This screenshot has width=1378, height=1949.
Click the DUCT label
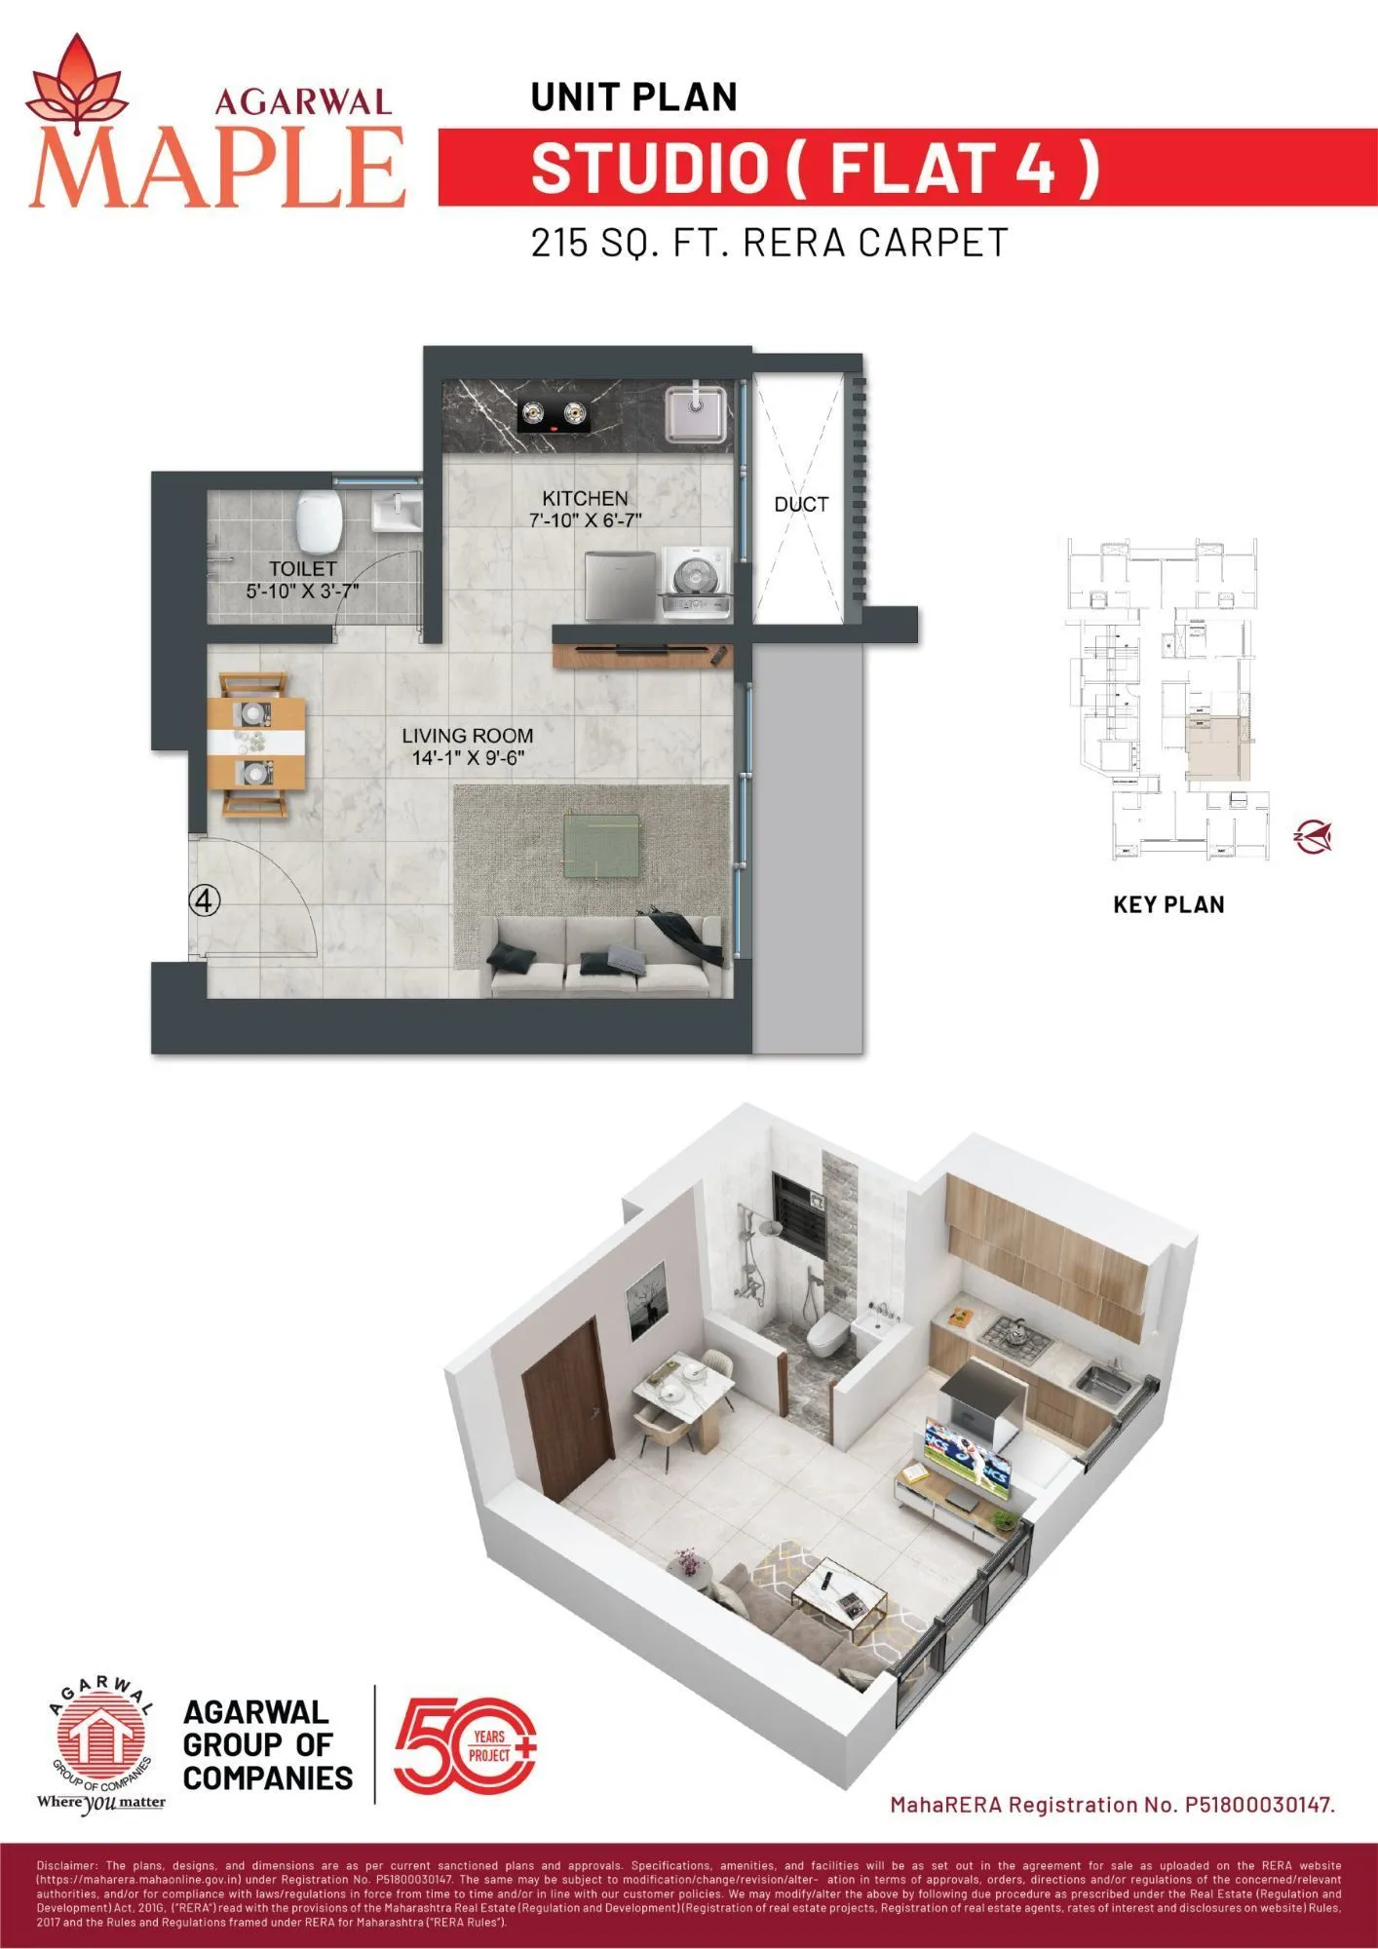pos(801,505)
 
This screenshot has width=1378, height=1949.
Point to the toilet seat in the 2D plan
pos(319,520)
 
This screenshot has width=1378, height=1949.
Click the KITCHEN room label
pos(585,498)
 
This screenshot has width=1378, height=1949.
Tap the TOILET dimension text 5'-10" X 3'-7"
pos(302,591)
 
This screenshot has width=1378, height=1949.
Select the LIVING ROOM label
pos(468,736)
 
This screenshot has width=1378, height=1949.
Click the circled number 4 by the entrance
pos(204,900)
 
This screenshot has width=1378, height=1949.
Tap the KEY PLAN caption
pos(1168,904)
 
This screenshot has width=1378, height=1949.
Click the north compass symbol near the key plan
pos(1312,836)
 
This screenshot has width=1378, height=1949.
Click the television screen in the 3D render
pos(968,1457)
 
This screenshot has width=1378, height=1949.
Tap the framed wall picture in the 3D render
pos(644,1302)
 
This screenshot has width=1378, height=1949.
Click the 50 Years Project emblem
pos(465,1745)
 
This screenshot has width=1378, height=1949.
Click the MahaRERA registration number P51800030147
pos(1258,1805)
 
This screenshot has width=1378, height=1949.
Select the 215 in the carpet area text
pos(559,243)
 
